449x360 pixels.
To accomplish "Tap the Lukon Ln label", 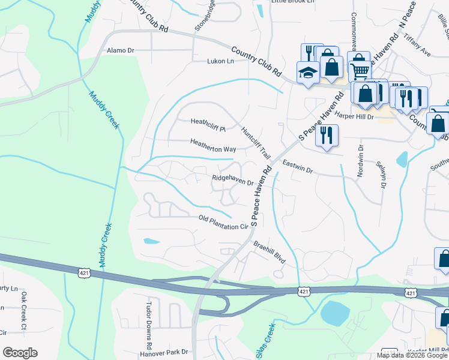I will [x=220, y=61].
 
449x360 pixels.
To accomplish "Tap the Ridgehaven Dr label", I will [x=232, y=180].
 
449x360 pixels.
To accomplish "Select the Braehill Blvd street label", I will [x=268, y=253].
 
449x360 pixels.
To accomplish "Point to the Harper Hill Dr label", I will [x=354, y=116].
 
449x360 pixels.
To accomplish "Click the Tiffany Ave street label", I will [x=417, y=46].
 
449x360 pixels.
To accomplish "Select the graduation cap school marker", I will [x=308, y=73].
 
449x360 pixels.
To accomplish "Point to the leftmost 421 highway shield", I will [x=84, y=273].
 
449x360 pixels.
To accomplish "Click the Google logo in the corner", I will [x=20, y=353].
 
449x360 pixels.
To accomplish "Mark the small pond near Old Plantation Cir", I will [x=151, y=241].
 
